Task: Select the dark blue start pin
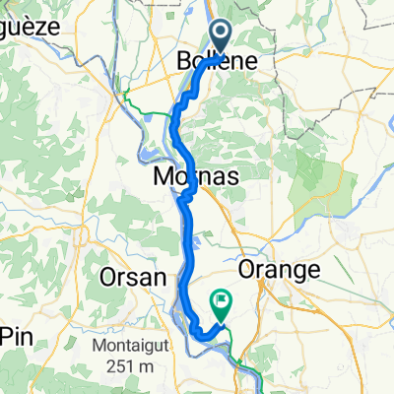[x=219, y=38]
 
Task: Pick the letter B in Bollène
[x=184, y=61]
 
